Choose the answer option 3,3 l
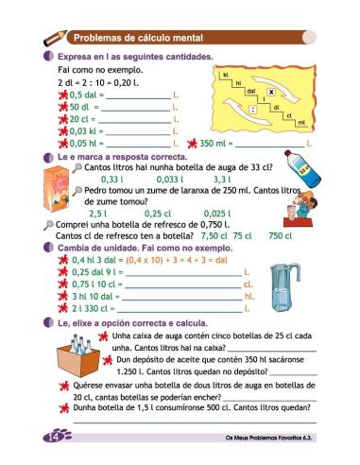pyautogui.click(x=223, y=179)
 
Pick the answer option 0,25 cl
pyautogui.click(x=158, y=214)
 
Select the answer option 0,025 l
pyautogui.click(x=218, y=214)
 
